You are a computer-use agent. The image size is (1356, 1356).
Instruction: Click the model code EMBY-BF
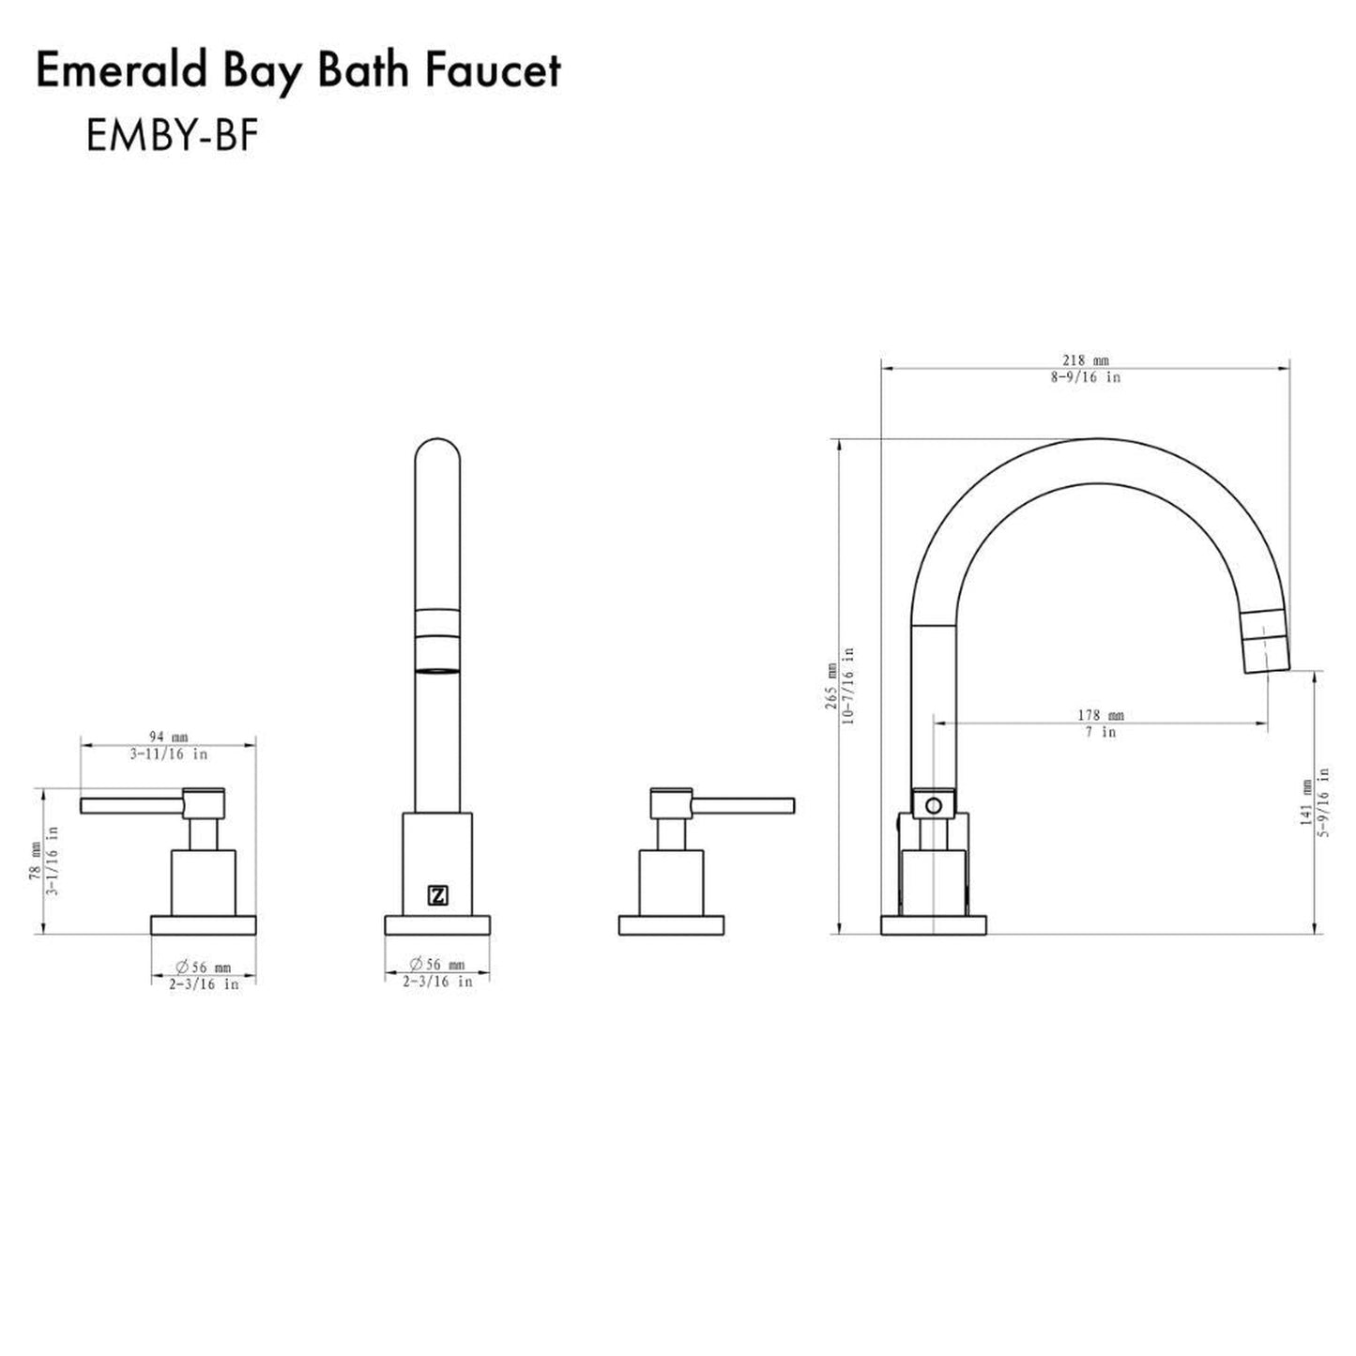pos(172,137)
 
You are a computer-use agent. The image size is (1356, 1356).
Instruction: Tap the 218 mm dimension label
pos(1085,360)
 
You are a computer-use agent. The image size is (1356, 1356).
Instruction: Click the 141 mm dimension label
pos(1305,802)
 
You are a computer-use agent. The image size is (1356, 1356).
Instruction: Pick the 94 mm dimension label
pos(168,738)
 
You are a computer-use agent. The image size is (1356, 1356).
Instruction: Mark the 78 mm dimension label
pos(35,860)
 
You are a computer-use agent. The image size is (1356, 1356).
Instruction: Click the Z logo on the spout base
pos(437,895)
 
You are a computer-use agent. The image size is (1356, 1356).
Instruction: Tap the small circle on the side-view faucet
pos(933,805)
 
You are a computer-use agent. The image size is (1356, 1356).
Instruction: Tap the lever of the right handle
pos(743,805)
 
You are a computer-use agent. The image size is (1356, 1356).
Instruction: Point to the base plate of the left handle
pos(204,924)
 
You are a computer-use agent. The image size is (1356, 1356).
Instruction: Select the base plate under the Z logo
pos(437,924)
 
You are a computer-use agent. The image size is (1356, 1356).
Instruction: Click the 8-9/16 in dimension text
pos(1085,377)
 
